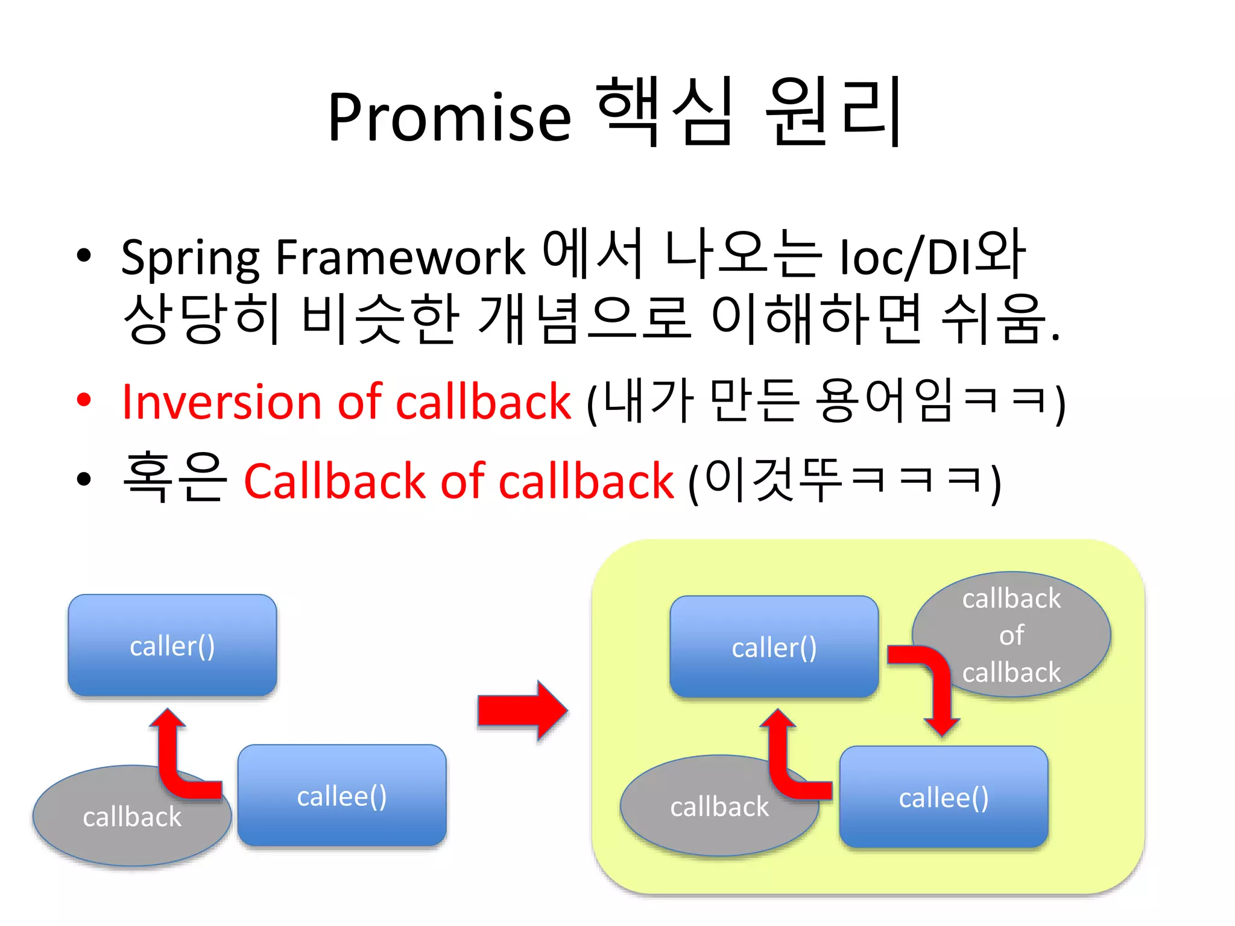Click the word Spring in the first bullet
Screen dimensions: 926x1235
[x=190, y=258]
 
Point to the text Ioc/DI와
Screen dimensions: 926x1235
[x=932, y=256]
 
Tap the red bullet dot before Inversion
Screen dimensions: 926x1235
[x=84, y=399]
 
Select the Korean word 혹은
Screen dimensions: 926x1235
[x=174, y=478]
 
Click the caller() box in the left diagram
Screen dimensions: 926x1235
[x=172, y=645]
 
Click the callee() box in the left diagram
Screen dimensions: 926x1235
[x=342, y=796]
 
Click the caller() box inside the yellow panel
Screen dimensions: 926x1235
[x=774, y=647]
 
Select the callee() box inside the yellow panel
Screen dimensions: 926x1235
[x=943, y=798]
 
